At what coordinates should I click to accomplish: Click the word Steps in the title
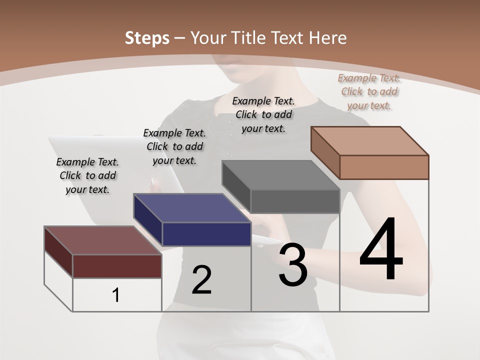coord(147,38)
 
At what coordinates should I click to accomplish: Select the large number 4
coord(381,249)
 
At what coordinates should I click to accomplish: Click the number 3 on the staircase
coord(293,265)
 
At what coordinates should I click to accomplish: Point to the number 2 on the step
coord(201,280)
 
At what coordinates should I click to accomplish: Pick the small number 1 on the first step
coord(116,295)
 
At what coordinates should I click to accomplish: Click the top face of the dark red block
coord(102,240)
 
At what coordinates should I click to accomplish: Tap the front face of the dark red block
coord(117,266)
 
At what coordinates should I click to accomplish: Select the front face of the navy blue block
coord(206,234)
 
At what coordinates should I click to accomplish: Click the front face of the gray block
coord(295,201)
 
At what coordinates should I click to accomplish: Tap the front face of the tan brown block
coord(384,167)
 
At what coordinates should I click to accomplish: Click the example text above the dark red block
coord(87,175)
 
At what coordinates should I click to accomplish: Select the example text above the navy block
coord(174,146)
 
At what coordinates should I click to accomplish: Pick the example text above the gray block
coord(263,114)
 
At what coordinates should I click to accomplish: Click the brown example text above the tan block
coord(369,91)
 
